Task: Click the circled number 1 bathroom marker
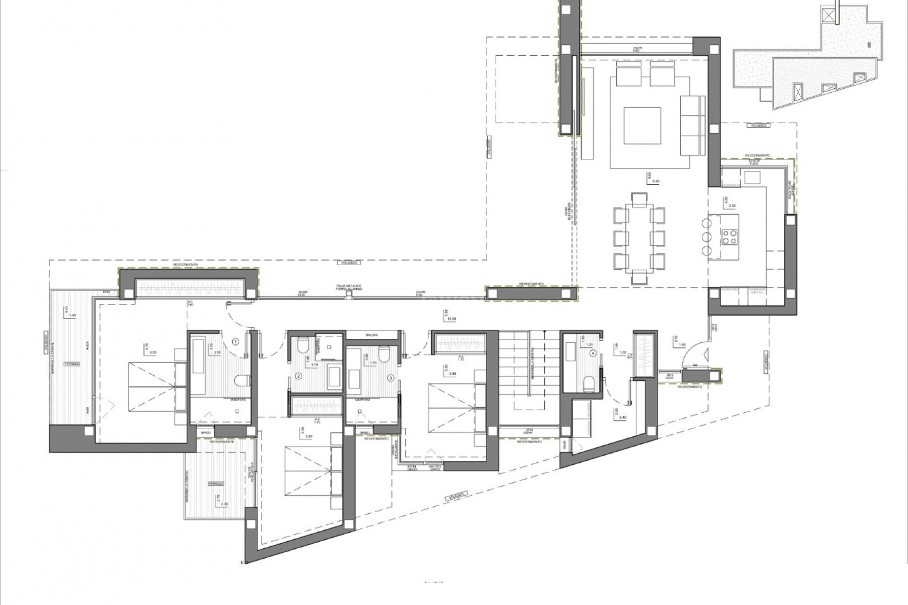pyautogui.click(x=236, y=341)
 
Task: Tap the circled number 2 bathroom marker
pyautogui.click(x=298, y=377)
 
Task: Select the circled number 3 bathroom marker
pyautogui.click(x=391, y=378)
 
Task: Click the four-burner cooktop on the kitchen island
pyautogui.click(x=728, y=236)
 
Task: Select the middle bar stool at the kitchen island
pyautogui.click(x=707, y=236)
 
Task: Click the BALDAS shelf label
pyautogui.click(x=371, y=335)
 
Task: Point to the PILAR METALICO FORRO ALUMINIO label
pyautogui.click(x=349, y=287)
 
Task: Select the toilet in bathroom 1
pyautogui.click(x=243, y=380)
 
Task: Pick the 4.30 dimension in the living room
pyautogui.click(x=655, y=181)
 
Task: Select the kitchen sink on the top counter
pyautogui.click(x=752, y=178)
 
